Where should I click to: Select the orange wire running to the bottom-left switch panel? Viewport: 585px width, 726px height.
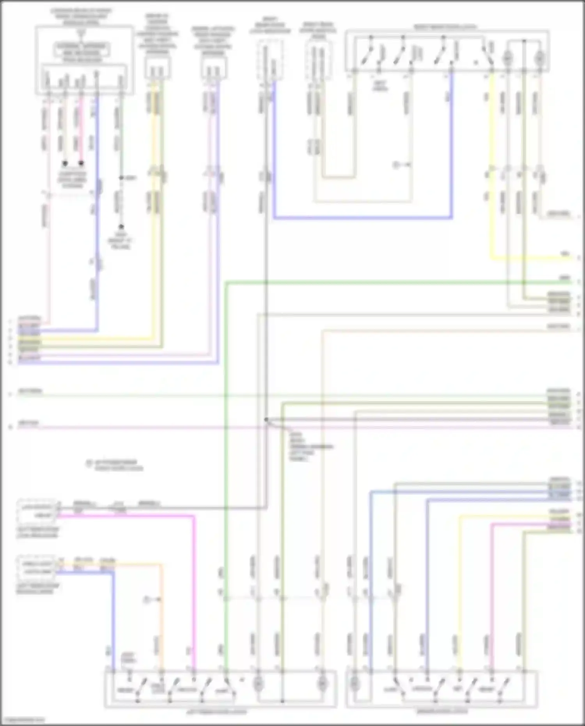pyautogui.click(x=160, y=624)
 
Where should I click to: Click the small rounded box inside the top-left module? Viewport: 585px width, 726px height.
pyautogui.click(x=82, y=50)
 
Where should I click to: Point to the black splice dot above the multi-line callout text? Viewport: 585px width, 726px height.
pyautogui.click(x=266, y=420)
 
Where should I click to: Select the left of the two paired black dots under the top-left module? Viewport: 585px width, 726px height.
pyautogui.click(x=65, y=163)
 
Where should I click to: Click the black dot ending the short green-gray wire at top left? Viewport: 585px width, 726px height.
pyautogui.click(x=121, y=227)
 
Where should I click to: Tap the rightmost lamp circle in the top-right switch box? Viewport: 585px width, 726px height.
pyautogui.click(x=539, y=58)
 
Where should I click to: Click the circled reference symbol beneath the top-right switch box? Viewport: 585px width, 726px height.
pyautogui.click(x=396, y=165)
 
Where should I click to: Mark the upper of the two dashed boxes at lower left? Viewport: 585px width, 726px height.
pyautogui.click(x=37, y=511)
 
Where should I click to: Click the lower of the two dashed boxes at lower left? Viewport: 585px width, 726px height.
pyautogui.click(x=37, y=568)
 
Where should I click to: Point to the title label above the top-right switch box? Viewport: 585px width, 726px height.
pyautogui.click(x=445, y=27)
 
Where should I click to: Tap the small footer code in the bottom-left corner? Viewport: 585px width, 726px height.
pyautogui.click(x=23, y=720)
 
